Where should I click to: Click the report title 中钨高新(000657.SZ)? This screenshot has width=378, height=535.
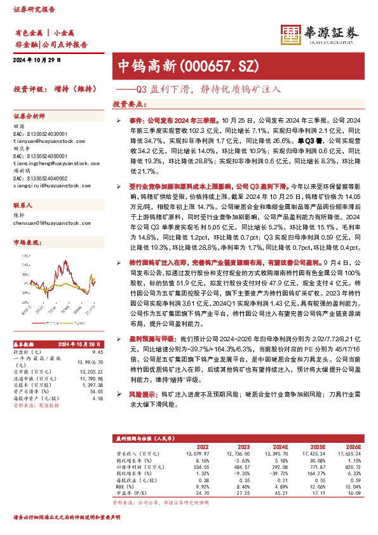coord(175,65)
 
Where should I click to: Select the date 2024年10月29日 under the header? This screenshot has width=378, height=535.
coord(36,60)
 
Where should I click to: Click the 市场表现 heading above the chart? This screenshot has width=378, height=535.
coord(25,243)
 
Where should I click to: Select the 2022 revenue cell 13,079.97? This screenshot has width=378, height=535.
coord(197,453)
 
